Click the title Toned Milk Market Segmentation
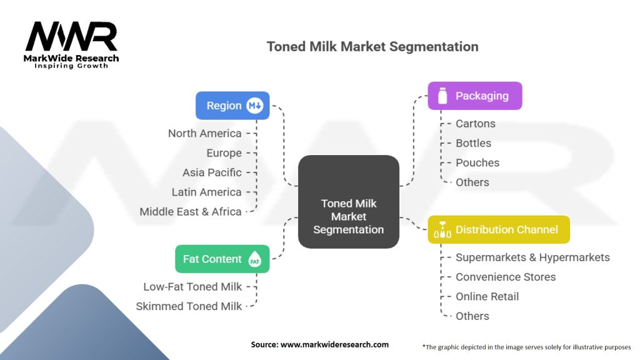pos(372,47)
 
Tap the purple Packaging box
pos(474,96)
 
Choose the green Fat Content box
pos(222,259)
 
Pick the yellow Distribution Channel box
pos(499,229)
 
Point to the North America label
pos(204,133)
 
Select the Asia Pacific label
pos(212,172)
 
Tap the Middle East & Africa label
pos(190,211)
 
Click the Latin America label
pos(206,192)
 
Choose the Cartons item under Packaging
pos(475,124)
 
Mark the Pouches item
pos(477,162)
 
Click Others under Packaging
pos(472,182)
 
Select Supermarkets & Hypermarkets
pos(532,257)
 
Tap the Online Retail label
pos(487,296)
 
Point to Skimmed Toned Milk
pos(189,306)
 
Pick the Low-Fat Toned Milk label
pos(192,286)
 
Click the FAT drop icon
pos(255,259)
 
